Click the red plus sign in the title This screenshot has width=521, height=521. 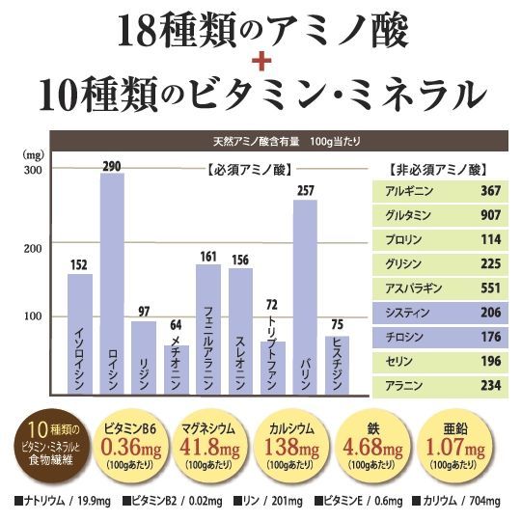coord(261,61)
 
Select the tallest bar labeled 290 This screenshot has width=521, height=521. coord(112,284)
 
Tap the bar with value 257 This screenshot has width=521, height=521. coord(305,297)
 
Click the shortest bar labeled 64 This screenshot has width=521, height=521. coord(177,370)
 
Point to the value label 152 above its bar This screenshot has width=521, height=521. coord(79,265)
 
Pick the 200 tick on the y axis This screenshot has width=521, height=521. coord(33,248)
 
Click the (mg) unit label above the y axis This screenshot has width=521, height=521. coord(33,154)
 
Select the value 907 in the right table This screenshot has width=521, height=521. coord(490,215)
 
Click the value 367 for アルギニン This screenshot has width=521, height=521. coord(490,191)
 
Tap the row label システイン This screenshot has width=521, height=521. coord(407,313)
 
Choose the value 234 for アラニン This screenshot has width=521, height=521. coord(490,385)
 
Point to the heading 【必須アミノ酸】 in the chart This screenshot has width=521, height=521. coord(250,170)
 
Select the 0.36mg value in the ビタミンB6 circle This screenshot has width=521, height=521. coord(131,447)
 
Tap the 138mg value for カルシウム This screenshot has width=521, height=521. coord(291,447)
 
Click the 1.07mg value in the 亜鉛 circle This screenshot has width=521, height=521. coord(455,447)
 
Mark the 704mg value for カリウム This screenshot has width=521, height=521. coord(484,501)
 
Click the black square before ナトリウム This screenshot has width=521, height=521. coord(19,501)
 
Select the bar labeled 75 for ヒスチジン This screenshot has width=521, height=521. coord(337,366)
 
